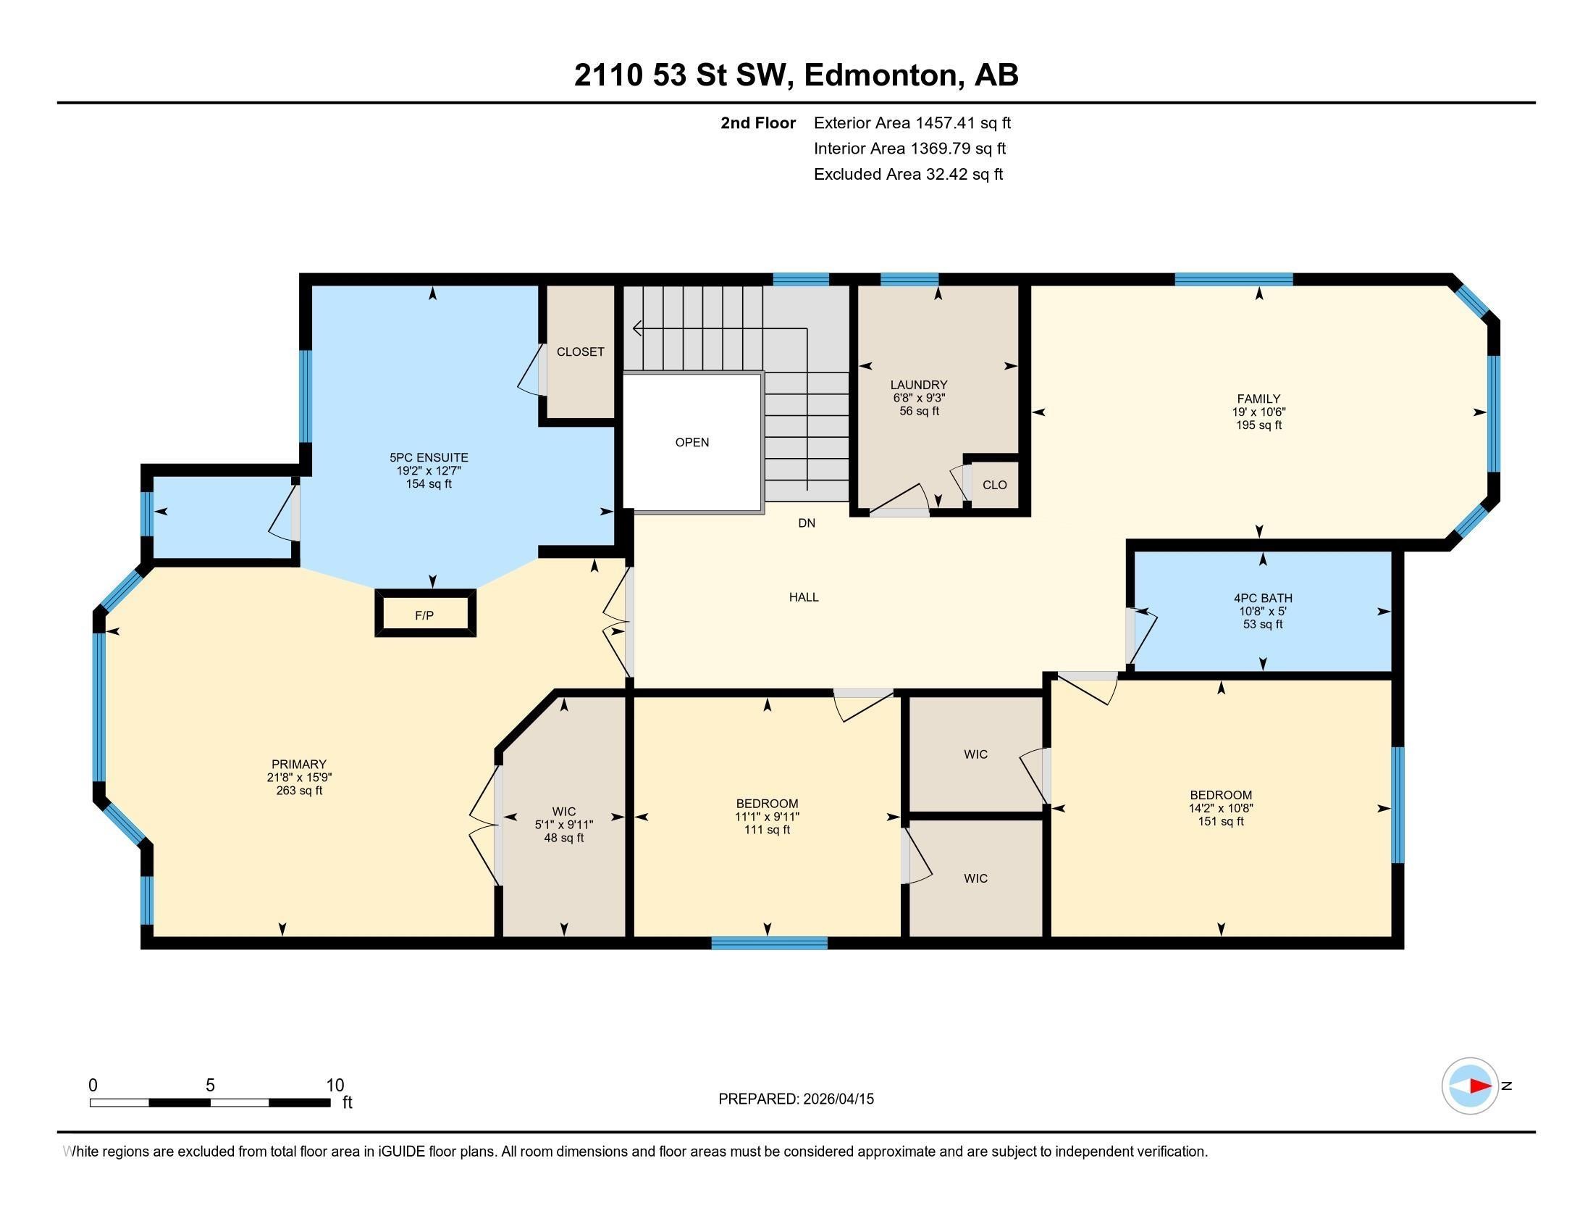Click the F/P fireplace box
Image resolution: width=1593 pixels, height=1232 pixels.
pos(425,613)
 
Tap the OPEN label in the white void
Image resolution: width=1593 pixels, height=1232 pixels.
pos(692,442)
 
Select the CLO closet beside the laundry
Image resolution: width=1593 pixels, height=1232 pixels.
pos(994,485)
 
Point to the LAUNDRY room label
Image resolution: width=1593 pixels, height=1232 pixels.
pos(918,385)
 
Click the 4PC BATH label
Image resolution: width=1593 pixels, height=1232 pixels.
pos(1263,598)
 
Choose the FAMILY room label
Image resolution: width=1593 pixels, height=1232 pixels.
pos(1258,399)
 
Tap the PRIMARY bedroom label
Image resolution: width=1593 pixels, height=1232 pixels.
pos(298,764)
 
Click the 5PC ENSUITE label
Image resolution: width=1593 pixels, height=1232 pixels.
pos(429,457)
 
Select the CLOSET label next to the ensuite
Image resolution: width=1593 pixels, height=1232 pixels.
pos(581,351)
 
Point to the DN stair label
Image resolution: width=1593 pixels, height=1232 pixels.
pos(806,523)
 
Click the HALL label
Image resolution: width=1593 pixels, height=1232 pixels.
pos(804,597)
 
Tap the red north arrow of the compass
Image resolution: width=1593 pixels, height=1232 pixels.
pos(1480,1086)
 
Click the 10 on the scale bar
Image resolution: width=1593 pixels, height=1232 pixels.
pos(335,1086)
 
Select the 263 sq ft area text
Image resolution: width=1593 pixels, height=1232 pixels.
pos(299,791)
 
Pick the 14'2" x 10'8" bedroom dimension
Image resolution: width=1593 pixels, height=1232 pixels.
pos(1220,808)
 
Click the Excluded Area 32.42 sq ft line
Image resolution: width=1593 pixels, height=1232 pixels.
pos(908,175)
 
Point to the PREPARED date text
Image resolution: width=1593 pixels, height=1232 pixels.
pos(796,1099)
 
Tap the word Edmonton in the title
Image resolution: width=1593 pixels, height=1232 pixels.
pos(881,75)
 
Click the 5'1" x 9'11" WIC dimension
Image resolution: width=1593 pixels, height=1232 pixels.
pos(564,825)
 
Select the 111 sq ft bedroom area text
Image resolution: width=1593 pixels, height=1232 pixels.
pos(767,830)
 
